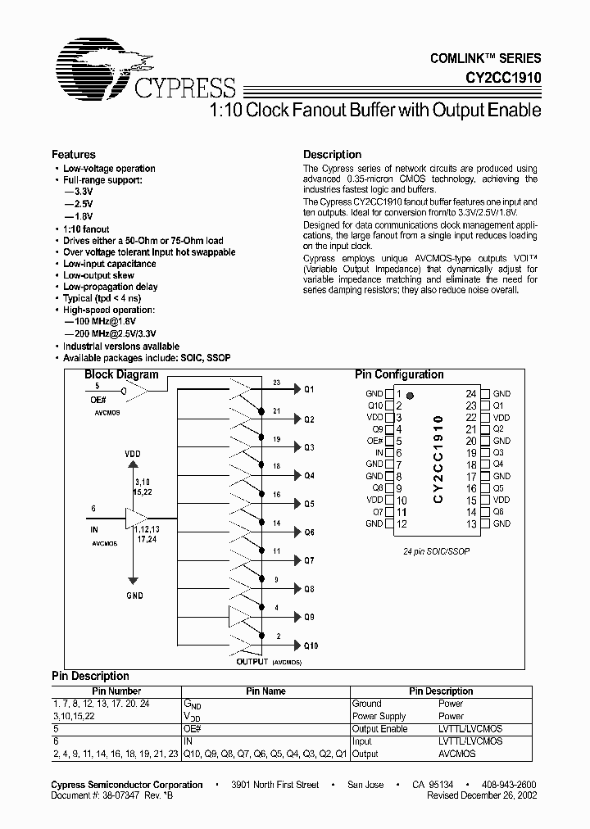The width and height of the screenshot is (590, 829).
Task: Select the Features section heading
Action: tap(74, 154)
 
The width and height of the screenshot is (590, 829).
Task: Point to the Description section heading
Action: tap(332, 154)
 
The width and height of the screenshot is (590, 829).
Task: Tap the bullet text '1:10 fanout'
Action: tap(86, 229)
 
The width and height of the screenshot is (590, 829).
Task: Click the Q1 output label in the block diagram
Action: tap(309, 390)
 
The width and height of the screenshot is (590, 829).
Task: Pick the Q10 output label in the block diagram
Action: tap(311, 646)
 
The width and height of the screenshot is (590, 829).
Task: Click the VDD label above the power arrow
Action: tap(133, 453)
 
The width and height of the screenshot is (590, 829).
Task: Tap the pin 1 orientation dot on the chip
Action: tap(411, 396)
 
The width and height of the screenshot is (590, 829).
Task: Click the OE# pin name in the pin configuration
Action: tap(375, 441)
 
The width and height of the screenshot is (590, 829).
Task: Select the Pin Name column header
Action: tap(266, 691)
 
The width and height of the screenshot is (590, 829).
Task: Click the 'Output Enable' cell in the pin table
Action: tap(379, 728)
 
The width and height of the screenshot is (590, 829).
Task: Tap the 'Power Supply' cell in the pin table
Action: tap(379, 716)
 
